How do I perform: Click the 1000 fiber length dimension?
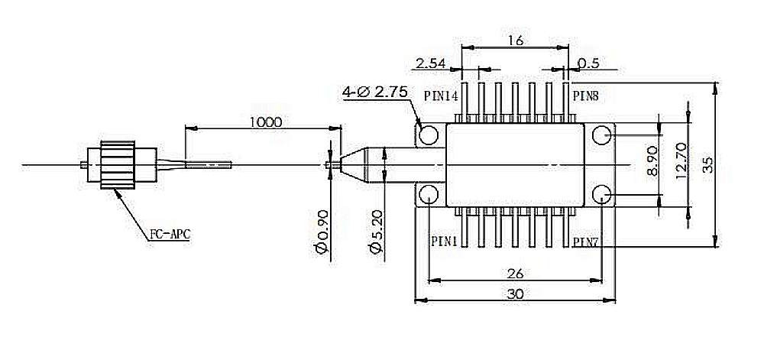[266, 122]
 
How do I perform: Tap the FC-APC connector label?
[170, 235]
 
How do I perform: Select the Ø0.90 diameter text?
[322, 232]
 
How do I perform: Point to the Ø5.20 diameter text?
[377, 232]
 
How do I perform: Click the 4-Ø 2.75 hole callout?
[374, 92]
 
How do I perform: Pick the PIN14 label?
[441, 96]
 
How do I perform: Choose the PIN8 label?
[585, 96]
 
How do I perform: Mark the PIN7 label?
[586, 242]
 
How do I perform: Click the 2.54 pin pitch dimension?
[431, 63]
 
